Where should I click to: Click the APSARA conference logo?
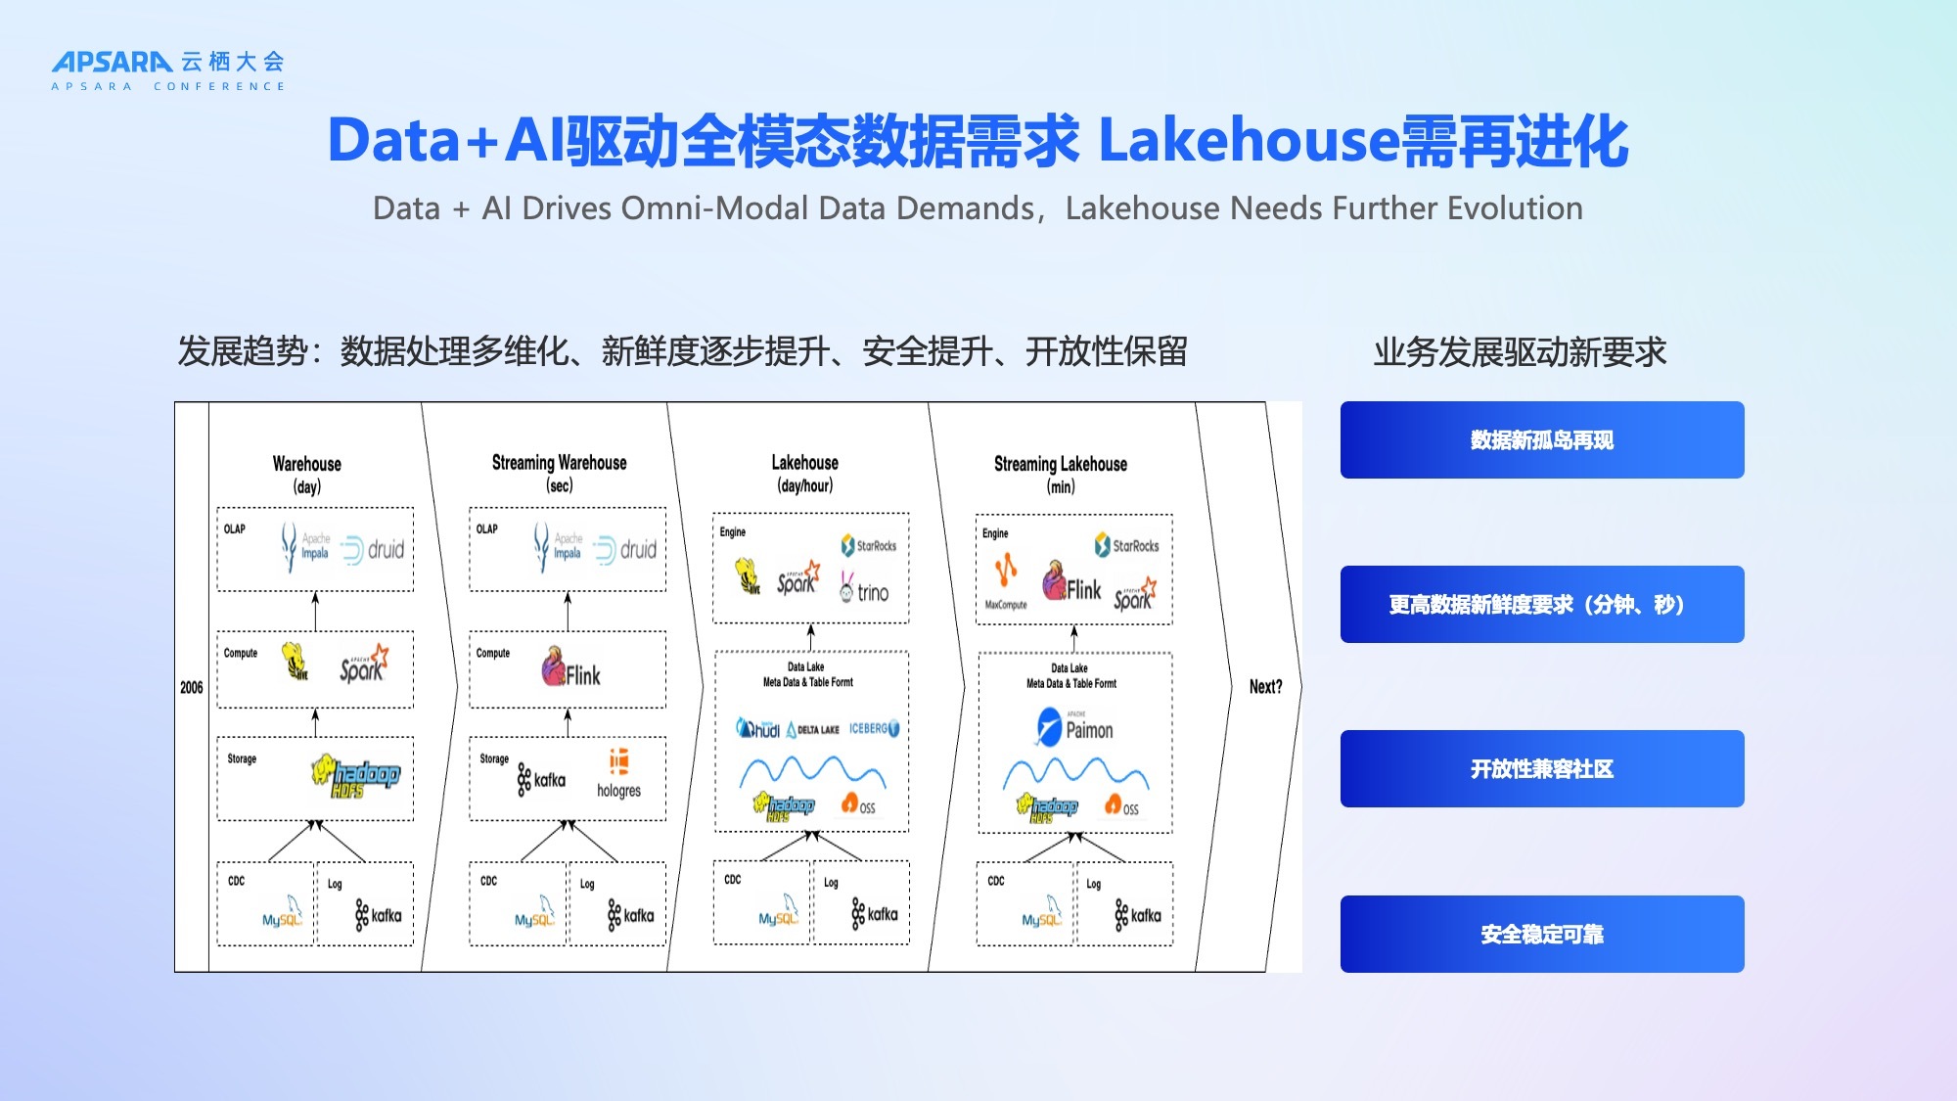(168, 70)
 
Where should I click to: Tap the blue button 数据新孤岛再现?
(1541, 440)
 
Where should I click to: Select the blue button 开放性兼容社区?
(1541, 769)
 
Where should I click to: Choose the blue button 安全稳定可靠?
(1541, 935)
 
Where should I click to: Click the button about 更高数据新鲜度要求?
(1541, 605)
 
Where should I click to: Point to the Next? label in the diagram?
(1265, 687)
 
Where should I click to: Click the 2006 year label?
(192, 688)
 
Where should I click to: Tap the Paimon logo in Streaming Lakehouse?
(1074, 728)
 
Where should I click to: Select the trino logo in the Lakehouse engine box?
(865, 590)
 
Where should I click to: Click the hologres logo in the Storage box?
(618, 774)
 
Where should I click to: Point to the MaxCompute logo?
(1006, 581)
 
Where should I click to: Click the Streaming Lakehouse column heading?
(1061, 474)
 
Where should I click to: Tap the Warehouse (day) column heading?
(307, 474)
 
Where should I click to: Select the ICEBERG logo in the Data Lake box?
(874, 729)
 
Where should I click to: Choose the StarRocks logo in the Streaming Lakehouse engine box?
(1126, 545)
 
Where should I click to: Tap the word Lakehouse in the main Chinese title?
(1248, 140)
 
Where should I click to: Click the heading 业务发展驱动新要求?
(1520, 352)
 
